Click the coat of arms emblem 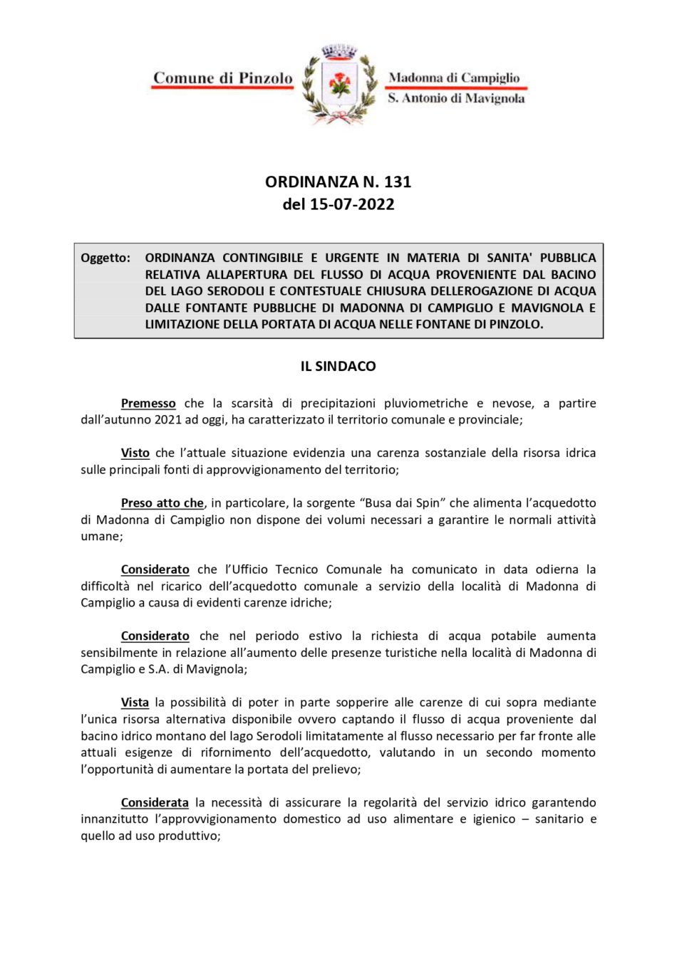339,85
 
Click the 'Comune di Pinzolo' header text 223,78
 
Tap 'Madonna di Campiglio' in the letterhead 454,78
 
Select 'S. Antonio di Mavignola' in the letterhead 456,98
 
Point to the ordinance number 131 398,182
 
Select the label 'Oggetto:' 105,258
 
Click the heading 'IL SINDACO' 338,367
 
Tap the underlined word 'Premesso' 148,404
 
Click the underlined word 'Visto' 135,453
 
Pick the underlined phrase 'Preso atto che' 162,503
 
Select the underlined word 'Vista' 135,703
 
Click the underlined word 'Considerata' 155,803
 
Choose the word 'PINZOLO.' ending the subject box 516,325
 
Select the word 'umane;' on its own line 102,537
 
